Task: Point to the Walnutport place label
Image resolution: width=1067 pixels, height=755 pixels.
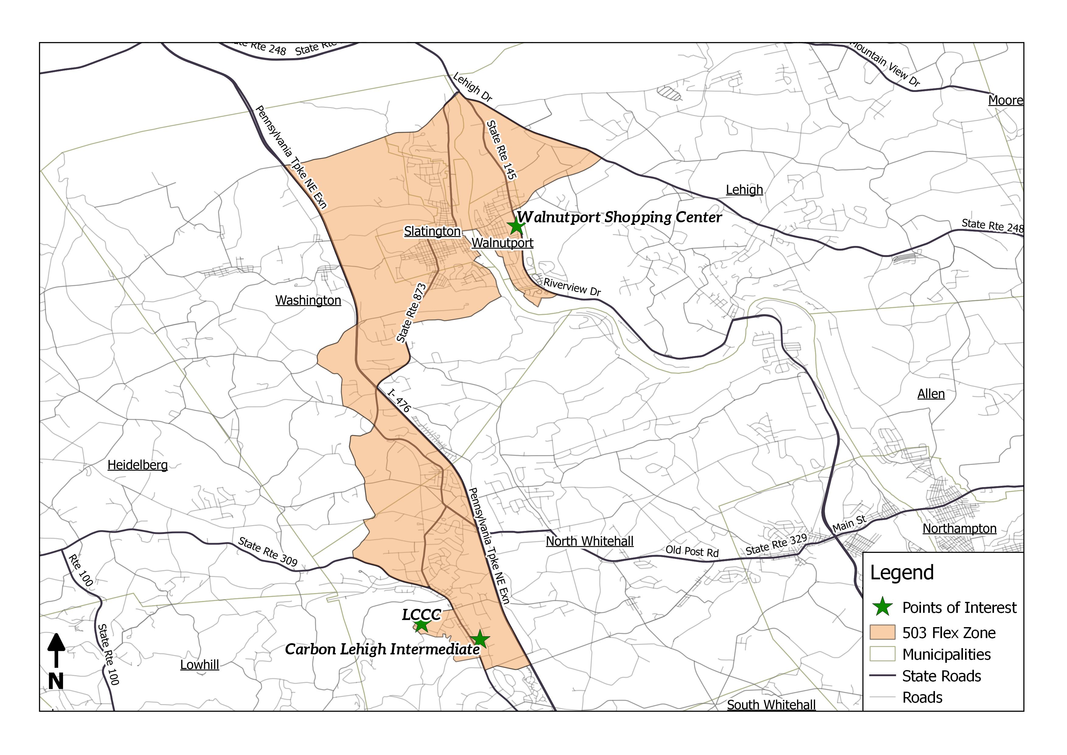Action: click(x=502, y=243)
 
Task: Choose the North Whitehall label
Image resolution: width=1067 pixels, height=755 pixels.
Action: click(x=589, y=541)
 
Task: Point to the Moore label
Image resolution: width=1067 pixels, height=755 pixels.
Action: click(x=1005, y=100)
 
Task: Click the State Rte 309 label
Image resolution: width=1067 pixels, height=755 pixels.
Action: click(x=267, y=552)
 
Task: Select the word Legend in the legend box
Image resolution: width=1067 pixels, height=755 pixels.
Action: click(x=901, y=573)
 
